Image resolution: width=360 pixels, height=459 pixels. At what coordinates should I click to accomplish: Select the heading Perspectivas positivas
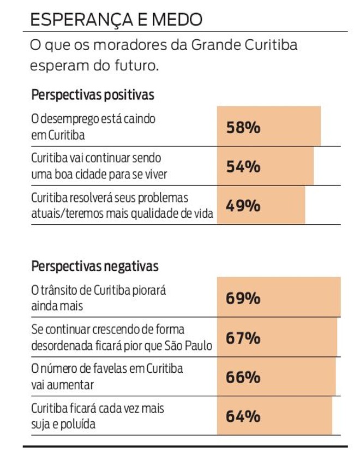[93, 94]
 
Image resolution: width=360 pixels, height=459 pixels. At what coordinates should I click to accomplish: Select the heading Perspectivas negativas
[95, 266]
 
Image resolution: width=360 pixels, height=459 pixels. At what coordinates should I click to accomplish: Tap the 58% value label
[243, 128]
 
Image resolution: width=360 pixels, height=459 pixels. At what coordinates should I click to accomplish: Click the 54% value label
[243, 167]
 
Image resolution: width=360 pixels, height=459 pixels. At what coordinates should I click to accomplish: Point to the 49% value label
[243, 206]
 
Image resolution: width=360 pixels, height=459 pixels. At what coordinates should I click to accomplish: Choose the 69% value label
[243, 299]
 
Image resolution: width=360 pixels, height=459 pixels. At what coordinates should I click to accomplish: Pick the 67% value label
[243, 338]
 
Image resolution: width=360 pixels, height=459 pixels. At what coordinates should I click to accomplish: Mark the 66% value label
[243, 377]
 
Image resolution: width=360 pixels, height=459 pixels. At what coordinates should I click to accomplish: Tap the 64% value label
[243, 416]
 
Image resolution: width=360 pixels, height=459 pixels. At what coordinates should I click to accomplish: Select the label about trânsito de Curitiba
[98, 298]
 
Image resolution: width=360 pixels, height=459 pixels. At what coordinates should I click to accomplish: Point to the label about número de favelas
[106, 377]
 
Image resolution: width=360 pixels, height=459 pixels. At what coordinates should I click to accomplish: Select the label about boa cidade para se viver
[98, 166]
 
